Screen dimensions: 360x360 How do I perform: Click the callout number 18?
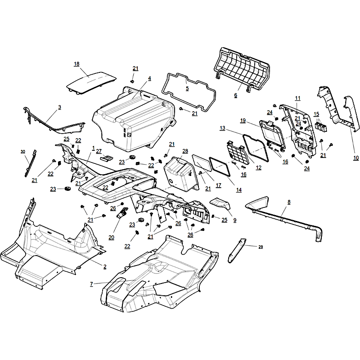76,64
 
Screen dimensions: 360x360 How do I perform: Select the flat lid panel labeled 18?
91,82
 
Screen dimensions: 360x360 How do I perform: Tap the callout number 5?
187,88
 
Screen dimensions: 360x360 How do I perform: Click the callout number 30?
23,152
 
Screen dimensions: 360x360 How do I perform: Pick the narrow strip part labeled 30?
31,163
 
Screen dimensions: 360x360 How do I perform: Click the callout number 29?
261,247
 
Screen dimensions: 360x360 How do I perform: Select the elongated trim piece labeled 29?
237,250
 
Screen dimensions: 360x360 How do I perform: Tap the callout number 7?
91,284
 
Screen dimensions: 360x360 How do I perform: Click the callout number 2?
105,266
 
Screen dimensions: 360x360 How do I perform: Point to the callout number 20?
111,237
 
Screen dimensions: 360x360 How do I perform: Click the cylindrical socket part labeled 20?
122,213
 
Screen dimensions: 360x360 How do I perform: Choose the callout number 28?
185,151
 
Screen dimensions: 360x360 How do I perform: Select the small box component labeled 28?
181,174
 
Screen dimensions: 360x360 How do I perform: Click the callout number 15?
316,114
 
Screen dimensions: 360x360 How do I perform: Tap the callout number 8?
289,202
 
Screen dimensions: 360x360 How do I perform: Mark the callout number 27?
99,151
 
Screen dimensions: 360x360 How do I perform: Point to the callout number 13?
222,128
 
